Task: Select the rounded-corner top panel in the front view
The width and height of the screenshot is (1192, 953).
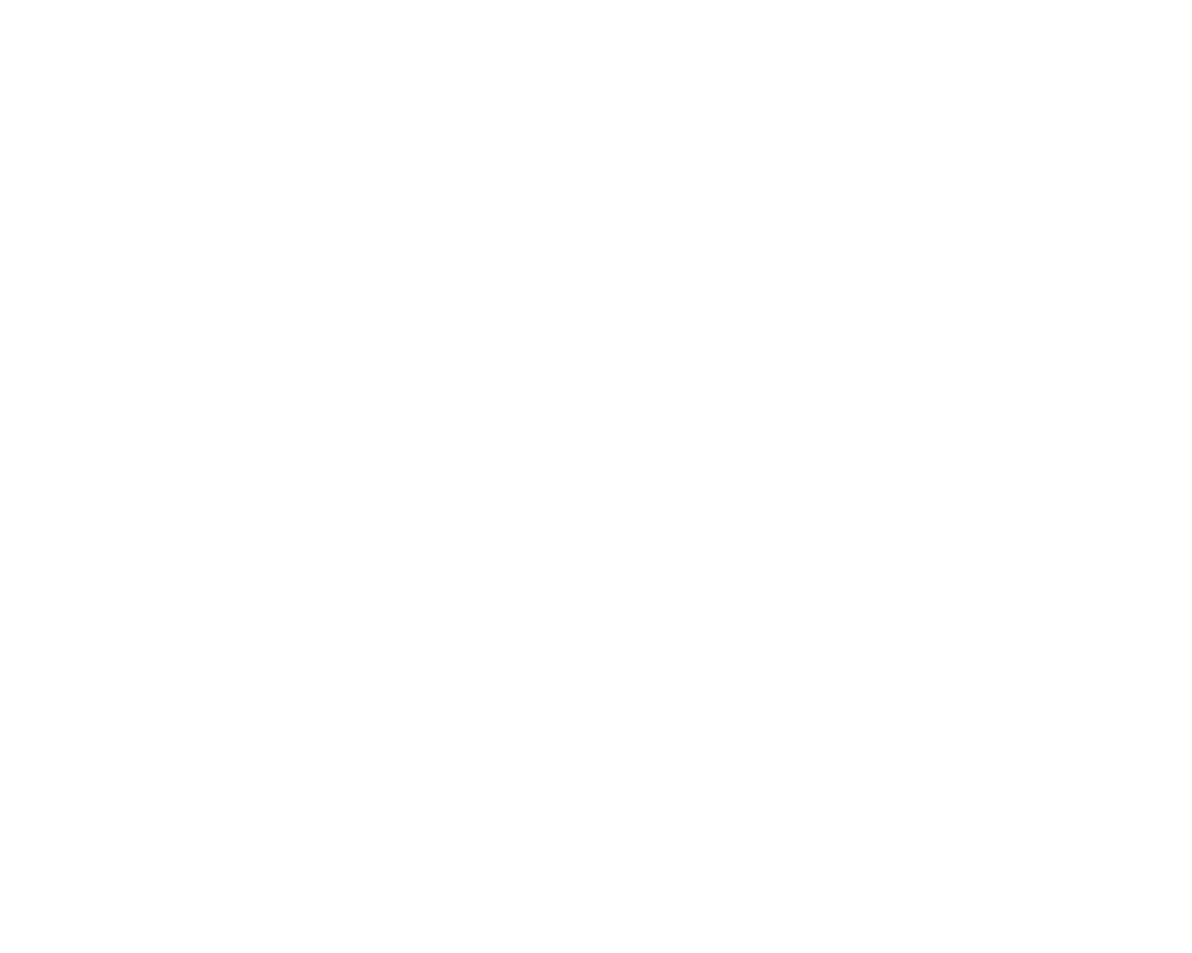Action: [x=156, y=362]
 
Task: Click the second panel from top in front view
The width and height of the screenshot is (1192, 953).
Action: [x=156, y=419]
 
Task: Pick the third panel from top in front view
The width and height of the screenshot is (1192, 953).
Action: [x=156, y=477]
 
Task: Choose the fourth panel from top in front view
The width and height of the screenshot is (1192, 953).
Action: [x=156, y=535]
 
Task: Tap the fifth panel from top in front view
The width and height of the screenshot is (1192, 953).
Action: [x=156, y=593]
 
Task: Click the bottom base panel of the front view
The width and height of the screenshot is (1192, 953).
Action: [x=156, y=649]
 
